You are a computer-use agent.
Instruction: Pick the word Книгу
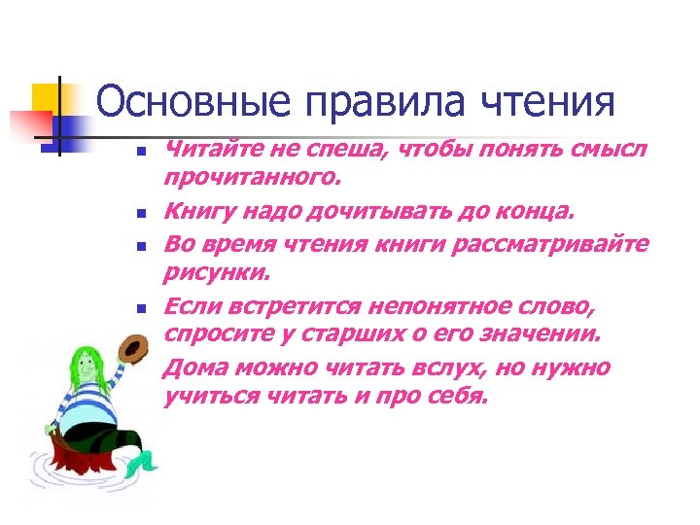[x=193, y=210]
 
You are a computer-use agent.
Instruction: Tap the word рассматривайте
[x=549, y=242]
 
